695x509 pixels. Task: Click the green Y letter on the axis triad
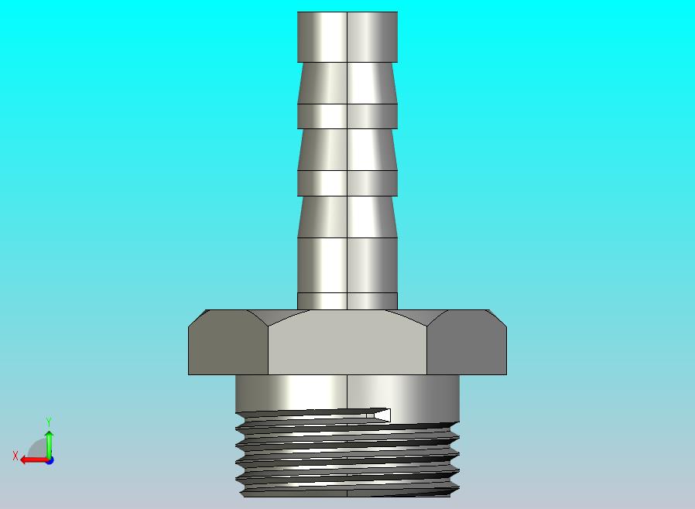(x=49, y=422)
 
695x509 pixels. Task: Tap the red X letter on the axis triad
(x=15, y=456)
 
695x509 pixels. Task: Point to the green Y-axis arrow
(x=49, y=442)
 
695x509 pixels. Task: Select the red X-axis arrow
(x=31, y=459)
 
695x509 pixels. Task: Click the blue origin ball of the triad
(x=50, y=460)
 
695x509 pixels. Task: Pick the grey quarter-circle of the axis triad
(x=38, y=449)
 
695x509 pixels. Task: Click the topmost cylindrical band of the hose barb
(x=347, y=36)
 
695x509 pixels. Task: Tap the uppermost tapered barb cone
(x=347, y=83)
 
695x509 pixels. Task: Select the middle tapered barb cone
(x=347, y=149)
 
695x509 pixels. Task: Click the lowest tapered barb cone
(x=347, y=216)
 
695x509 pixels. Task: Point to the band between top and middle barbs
(x=347, y=116)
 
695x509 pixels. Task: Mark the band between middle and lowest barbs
(x=347, y=183)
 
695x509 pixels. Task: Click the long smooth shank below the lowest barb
(x=347, y=265)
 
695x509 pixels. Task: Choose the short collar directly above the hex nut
(x=347, y=301)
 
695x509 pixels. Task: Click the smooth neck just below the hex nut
(x=347, y=391)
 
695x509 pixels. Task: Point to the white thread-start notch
(x=382, y=415)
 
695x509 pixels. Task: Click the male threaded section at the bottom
(x=347, y=456)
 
